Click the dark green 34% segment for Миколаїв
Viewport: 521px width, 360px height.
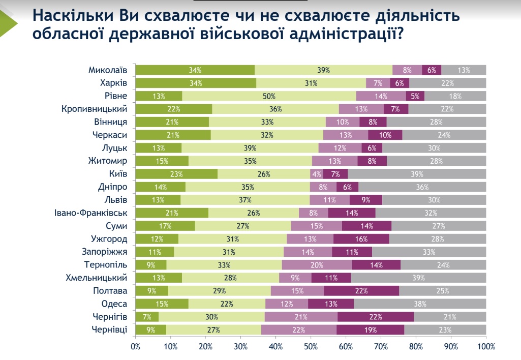point(195,70)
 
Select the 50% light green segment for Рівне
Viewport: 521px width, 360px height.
point(269,96)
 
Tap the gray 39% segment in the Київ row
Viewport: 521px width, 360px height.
point(417,173)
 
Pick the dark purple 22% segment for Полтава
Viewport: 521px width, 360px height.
point(361,291)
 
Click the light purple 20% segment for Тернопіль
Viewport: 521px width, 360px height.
point(317,264)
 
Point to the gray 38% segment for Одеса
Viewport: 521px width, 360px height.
point(420,304)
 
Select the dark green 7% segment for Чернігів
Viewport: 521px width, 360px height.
point(147,317)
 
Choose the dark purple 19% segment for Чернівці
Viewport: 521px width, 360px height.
point(370,330)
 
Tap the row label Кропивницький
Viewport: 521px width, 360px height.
point(94,108)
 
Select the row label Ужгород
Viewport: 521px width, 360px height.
point(109,238)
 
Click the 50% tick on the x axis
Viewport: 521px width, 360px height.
point(311,347)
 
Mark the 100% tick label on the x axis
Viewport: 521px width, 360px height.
point(486,347)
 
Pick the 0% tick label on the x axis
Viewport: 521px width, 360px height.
point(135,347)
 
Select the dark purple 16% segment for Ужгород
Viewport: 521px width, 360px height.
point(361,239)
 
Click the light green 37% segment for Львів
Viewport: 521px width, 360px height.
point(244,199)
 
